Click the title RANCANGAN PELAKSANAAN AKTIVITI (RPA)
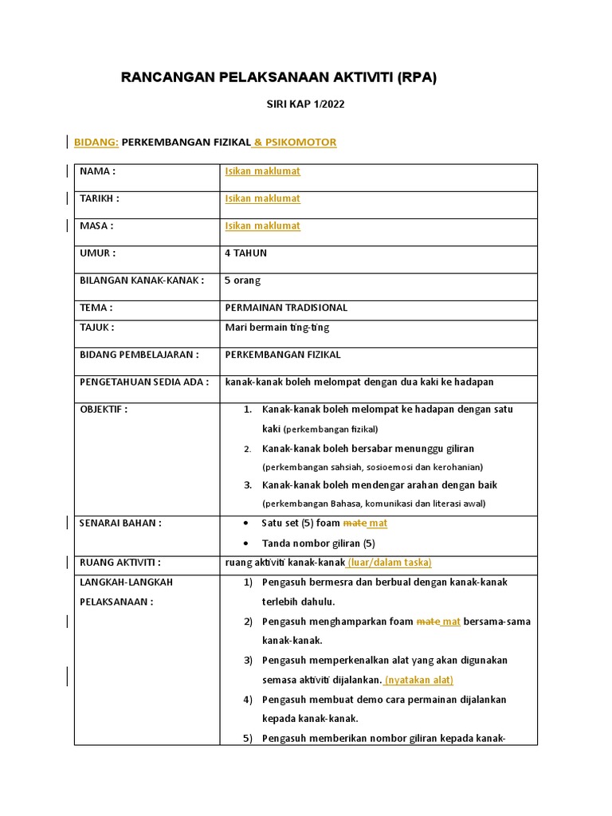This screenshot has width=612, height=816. coord(279,77)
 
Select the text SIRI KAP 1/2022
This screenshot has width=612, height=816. coord(305,104)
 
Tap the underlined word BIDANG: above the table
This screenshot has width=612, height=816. coord(96,143)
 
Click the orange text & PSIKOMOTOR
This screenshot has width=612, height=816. coord(294,143)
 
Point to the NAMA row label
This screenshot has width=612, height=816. coord(98,171)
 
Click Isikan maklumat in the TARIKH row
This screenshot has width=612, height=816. coord(262,198)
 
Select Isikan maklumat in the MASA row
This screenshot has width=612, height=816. coord(262,226)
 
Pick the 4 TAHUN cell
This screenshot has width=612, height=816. coord(246,253)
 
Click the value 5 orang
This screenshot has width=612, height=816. coord(243,280)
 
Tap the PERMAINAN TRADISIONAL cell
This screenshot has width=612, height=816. coord(286,308)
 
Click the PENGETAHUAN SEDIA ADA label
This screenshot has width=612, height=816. coord(144,382)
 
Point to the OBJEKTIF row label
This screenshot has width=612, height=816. coord(104,410)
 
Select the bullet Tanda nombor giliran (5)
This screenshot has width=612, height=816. coord(318,543)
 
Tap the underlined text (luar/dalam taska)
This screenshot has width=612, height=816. coord(389,563)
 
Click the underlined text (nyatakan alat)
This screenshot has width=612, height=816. coord(418,680)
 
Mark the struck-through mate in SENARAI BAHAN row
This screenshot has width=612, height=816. coord(354,524)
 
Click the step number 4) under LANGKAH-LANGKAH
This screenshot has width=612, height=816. coord(248,700)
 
